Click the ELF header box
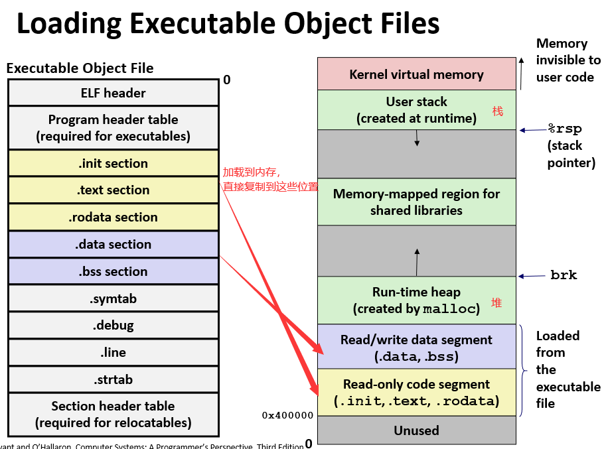tap(114, 93)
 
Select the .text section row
tap(114, 190)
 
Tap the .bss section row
tap(114, 271)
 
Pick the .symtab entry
tap(114, 298)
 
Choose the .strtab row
tap(114, 379)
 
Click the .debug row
tap(114, 326)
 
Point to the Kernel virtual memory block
tap(416, 74)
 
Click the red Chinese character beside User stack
tap(497, 111)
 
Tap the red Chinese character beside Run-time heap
tap(496, 303)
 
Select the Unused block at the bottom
tap(416, 430)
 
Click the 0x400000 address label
tap(287, 415)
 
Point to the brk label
tap(564, 275)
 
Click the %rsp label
tap(564, 129)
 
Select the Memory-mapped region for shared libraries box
tap(416, 202)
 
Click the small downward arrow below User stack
tap(417, 138)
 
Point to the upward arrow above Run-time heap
tap(417, 261)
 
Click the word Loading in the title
tap(68, 24)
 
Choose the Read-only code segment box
tap(416, 393)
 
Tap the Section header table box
tap(114, 414)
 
